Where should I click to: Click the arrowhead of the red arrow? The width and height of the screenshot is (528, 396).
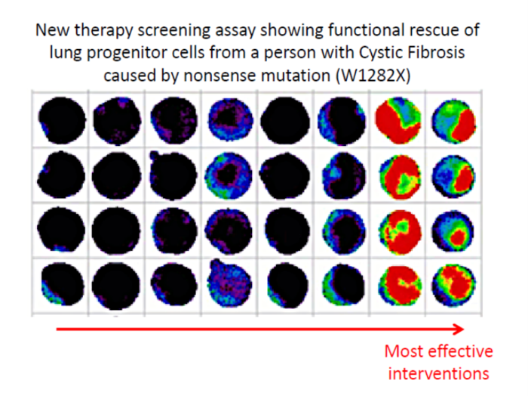coord(459,329)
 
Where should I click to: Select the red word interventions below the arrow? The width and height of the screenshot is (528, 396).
coord(438,374)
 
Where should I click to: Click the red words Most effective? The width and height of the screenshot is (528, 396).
coord(438,351)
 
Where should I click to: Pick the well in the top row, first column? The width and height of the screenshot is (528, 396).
coord(62,120)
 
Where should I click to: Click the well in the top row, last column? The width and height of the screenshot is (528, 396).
coord(453,121)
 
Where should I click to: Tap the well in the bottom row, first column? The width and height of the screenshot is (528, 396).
coord(63,284)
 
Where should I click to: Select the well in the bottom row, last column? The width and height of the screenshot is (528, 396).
coord(453,286)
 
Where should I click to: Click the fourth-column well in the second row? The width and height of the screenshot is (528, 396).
coord(229,175)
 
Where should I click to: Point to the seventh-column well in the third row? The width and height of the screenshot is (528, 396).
coord(400,231)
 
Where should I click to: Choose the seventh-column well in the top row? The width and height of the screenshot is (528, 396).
coord(398,120)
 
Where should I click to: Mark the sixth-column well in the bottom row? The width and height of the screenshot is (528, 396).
coord(343,284)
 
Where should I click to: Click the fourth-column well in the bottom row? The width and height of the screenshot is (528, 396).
coord(229,283)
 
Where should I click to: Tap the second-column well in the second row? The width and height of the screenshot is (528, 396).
coord(116,175)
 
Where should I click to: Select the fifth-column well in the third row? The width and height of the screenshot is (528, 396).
coord(287,230)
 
